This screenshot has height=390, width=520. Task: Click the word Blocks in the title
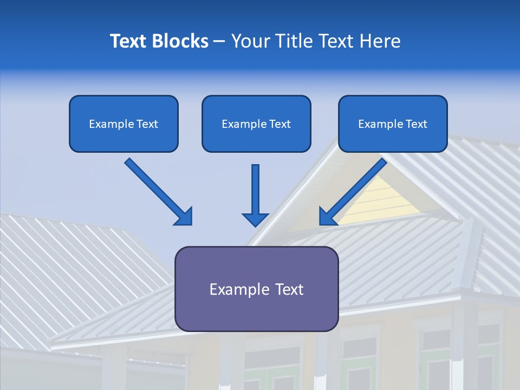pos(181,41)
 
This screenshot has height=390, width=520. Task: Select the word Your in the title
pos(249,41)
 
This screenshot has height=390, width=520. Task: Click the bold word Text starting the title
pos(130,41)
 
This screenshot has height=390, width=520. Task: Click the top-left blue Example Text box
pos(123,124)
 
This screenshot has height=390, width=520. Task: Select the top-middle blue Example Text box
pos(256,124)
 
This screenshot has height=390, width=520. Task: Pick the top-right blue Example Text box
pos(393,124)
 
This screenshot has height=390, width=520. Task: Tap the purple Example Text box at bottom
pos(256,289)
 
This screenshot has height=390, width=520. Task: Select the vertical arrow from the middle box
pos(256,190)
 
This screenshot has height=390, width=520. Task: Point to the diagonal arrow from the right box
pos(357,187)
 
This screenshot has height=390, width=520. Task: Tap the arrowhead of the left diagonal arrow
pos(184,217)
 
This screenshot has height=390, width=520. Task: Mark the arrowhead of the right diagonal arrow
pos(328,217)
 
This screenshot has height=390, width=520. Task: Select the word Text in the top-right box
pos(416,124)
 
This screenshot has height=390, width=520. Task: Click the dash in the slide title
pos(219,41)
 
